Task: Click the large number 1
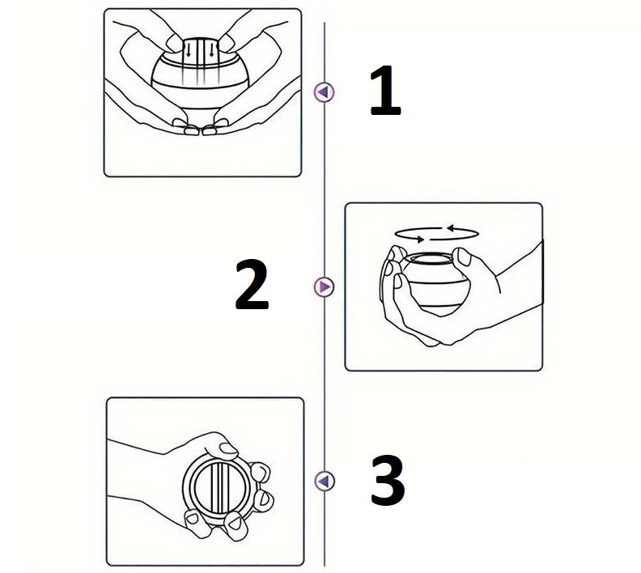pyautogui.click(x=385, y=91)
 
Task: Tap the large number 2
pyautogui.click(x=252, y=284)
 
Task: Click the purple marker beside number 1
pyautogui.click(x=325, y=92)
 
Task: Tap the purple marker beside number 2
pyautogui.click(x=325, y=286)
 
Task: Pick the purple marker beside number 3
pyautogui.click(x=325, y=481)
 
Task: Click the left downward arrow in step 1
pyautogui.click(x=189, y=50)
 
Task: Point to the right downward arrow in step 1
pyautogui.click(x=211, y=50)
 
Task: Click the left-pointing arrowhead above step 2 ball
pyautogui.click(x=451, y=228)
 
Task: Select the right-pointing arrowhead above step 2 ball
pyautogui.click(x=419, y=239)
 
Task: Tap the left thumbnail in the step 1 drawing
pyautogui.click(x=174, y=43)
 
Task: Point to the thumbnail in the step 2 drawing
pyautogui.click(x=464, y=257)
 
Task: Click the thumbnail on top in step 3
pyautogui.click(x=228, y=451)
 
